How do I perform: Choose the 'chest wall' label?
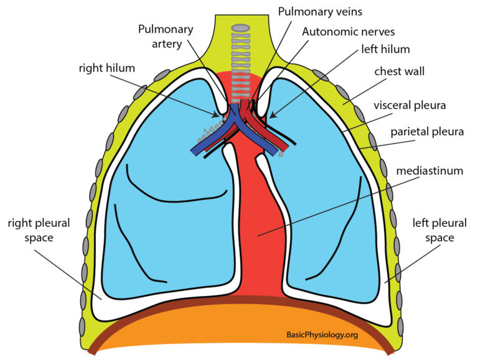(x=399, y=72)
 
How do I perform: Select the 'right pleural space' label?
(x=39, y=230)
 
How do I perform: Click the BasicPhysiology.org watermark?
(x=322, y=335)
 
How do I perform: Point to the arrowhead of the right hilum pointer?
(x=219, y=116)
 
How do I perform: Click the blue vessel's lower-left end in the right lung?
(x=195, y=150)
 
